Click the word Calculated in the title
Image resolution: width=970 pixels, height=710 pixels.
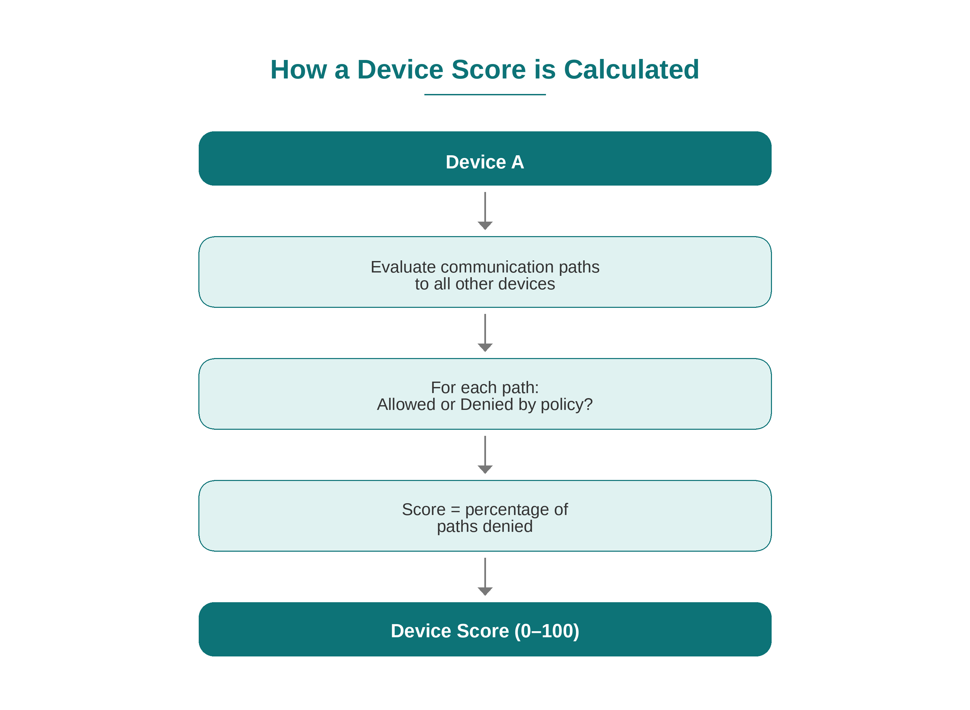click(x=631, y=70)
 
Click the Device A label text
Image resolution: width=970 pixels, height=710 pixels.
click(x=485, y=162)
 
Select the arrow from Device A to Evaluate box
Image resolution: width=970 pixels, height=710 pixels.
click(x=485, y=211)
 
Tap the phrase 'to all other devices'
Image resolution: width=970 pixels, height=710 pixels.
click(x=485, y=284)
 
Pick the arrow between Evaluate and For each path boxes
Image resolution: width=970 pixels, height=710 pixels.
click(x=485, y=333)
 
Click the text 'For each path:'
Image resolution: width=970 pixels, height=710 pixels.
click(x=485, y=388)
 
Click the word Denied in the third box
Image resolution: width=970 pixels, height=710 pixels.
click(x=486, y=405)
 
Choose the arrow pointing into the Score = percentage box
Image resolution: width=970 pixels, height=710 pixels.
click(x=485, y=455)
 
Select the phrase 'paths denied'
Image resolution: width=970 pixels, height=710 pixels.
click(x=485, y=526)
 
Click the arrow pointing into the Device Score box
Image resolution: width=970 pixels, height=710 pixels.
click(x=485, y=577)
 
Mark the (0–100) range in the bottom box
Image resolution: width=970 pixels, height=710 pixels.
click(x=547, y=631)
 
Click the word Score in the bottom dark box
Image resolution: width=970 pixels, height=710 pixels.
click(x=483, y=631)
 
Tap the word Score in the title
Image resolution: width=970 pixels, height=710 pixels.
click(x=489, y=70)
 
